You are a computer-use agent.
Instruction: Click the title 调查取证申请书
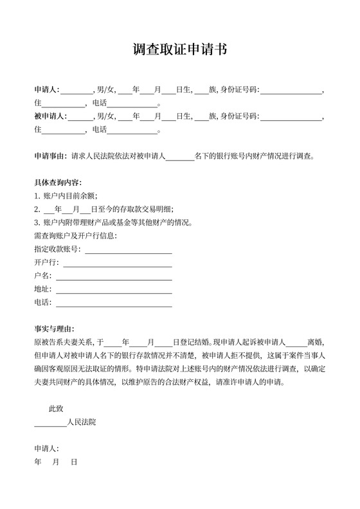click(179, 50)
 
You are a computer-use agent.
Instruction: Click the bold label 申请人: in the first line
click(47, 89)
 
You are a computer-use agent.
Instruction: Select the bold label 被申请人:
click(51, 116)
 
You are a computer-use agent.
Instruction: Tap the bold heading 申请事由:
click(51, 156)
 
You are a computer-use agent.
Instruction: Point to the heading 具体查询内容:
click(58, 183)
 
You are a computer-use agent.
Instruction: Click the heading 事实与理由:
click(55, 328)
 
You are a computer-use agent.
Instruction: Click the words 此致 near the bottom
click(56, 408)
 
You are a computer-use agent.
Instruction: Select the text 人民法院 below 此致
click(82, 422)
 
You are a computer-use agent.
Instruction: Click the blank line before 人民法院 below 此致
click(50, 424)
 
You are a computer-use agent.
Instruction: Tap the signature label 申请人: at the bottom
click(47, 449)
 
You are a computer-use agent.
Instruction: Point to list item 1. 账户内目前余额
click(66, 196)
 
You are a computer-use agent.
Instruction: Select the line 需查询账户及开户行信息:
click(76, 235)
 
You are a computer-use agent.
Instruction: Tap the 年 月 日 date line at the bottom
click(56, 462)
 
